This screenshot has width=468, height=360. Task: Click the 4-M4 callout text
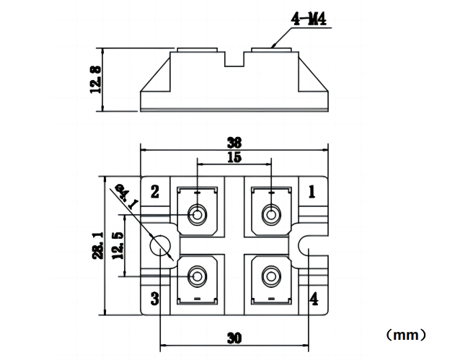click(309, 19)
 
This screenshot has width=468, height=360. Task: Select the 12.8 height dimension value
click(95, 80)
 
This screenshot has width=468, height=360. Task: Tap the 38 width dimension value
click(233, 142)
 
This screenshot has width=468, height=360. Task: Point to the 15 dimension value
click(234, 157)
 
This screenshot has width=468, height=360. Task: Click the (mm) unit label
click(407, 335)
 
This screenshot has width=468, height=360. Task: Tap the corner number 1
click(312, 191)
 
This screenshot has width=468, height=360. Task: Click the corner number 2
click(154, 191)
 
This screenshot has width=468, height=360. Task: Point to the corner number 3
click(154, 299)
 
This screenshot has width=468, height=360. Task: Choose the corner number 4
click(312, 298)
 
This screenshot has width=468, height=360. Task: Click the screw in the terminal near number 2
click(197, 214)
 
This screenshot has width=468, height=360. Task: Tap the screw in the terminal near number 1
click(270, 214)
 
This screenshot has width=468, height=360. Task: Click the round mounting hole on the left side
click(160, 245)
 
